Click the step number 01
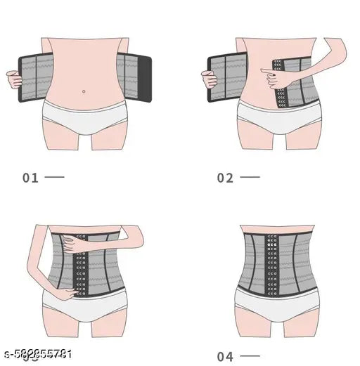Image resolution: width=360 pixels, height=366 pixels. (31, 178)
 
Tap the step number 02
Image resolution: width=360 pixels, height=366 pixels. (225, 178)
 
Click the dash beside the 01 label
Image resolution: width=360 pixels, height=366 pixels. (54, 177)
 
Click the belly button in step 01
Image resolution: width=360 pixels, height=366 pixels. (84, 91)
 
